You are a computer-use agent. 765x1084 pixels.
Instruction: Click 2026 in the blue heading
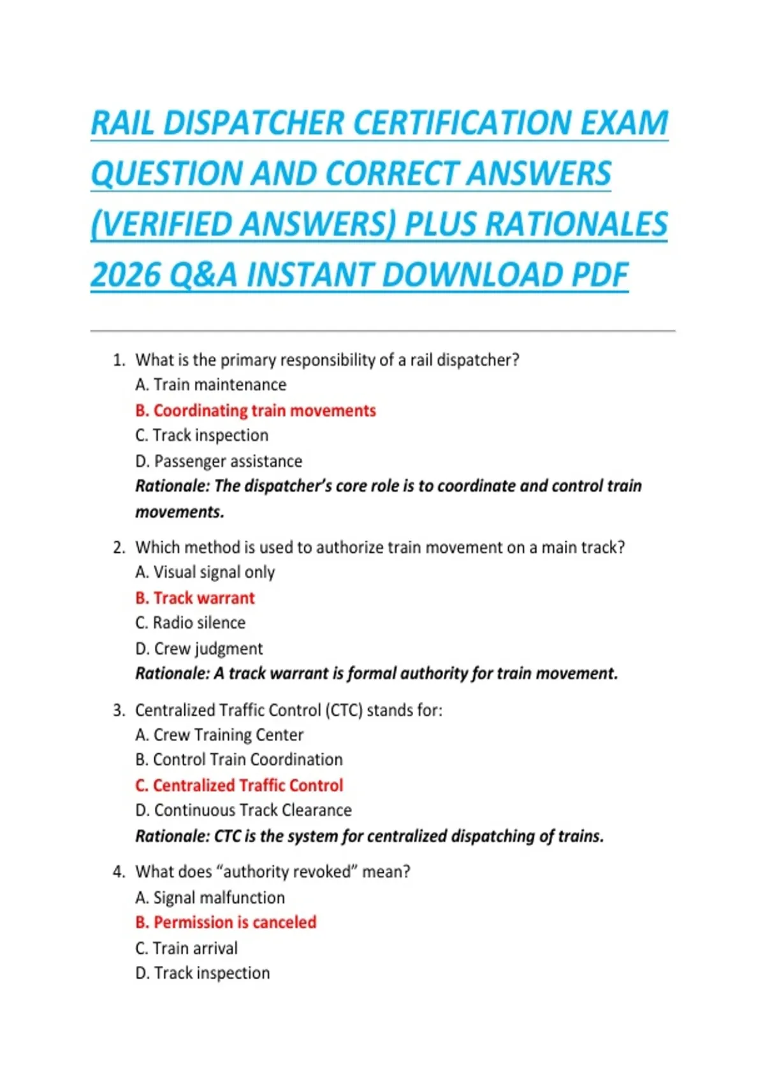coord(126,275)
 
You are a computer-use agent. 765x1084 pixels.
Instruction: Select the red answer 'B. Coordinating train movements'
coord(256,411)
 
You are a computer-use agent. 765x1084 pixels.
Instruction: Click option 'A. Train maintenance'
coord(211,385)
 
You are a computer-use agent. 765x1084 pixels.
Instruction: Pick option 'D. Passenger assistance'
coord(219,461)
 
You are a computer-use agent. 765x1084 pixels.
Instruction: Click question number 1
coord(119,360)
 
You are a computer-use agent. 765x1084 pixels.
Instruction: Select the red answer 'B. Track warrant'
coord(195,598)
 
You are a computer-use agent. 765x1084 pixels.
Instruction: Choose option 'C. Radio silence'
coord(190,623)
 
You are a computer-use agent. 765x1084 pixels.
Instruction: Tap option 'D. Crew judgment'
coord(199,648)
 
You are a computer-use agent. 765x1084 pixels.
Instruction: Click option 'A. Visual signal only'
coord(205,573)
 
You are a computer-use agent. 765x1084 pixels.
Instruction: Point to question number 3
coord(119,710)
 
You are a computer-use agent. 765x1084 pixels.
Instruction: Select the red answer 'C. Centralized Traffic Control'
coord(239,786)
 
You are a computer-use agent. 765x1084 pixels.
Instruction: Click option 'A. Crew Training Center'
coord(219,735)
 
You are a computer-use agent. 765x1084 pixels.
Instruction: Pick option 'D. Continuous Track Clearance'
coord(244,810)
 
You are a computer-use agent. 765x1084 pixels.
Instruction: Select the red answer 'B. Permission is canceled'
coord(226,923)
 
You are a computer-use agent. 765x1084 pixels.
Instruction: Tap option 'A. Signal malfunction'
coord(210,898)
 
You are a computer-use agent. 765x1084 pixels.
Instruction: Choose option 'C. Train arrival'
coord(186,948)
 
